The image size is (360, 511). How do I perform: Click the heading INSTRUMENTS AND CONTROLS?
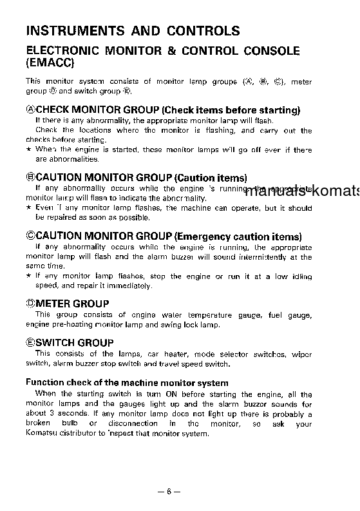(x=133, y=31)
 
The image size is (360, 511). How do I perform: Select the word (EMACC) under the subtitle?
(x=50, y=63)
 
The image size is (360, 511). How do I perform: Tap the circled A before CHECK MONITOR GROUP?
(x=30, y=110)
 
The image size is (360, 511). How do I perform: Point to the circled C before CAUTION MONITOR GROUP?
(x=30, y=236)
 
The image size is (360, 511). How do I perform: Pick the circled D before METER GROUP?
(x=30, y=304)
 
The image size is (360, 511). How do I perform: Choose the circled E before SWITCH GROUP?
(x=30, y=343)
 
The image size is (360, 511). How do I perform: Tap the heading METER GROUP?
(x=71, y=304)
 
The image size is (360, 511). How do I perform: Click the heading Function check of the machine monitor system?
(x=127, y=383)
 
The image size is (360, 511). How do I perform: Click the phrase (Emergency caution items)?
(x=238, y=236)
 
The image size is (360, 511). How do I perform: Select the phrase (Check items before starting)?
(x=230, y=110)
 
